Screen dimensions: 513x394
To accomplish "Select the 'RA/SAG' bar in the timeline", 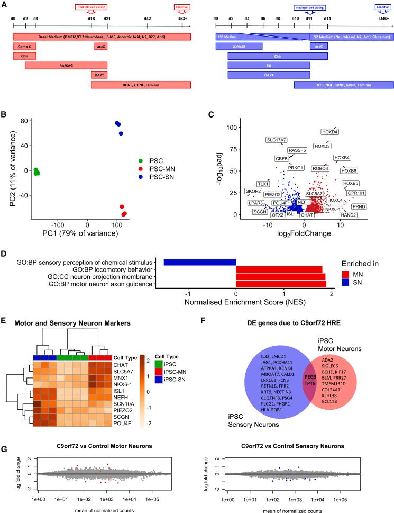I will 66,66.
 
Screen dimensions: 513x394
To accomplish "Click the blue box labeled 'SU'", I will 269,66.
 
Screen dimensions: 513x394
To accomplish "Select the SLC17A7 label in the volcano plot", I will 278,140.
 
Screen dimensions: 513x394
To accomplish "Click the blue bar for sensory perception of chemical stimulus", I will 199,262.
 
